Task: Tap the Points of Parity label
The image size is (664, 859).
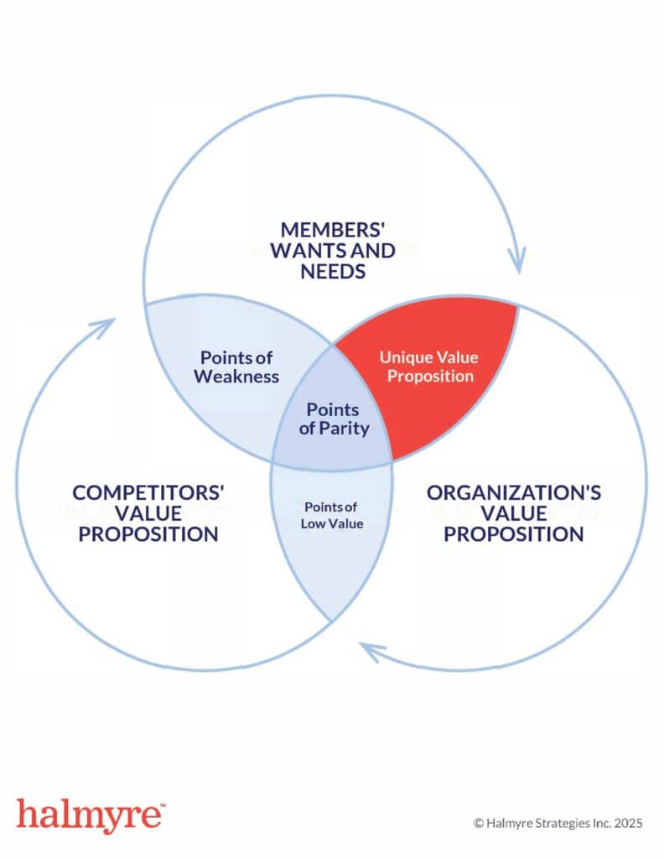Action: click(333, 419)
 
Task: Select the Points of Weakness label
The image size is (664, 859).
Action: click(236, 367)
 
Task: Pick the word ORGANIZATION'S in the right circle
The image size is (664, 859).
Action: click(513, 492)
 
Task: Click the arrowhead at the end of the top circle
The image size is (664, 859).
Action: click(517, 257)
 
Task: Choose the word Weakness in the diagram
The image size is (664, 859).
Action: click(236, 376)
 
